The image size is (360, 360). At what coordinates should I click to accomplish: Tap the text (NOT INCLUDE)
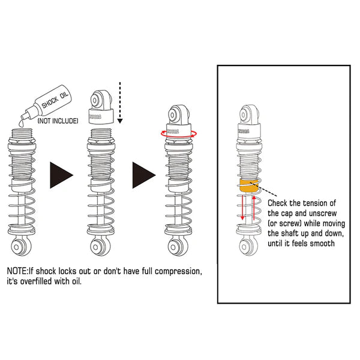(x=58, y=121)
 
